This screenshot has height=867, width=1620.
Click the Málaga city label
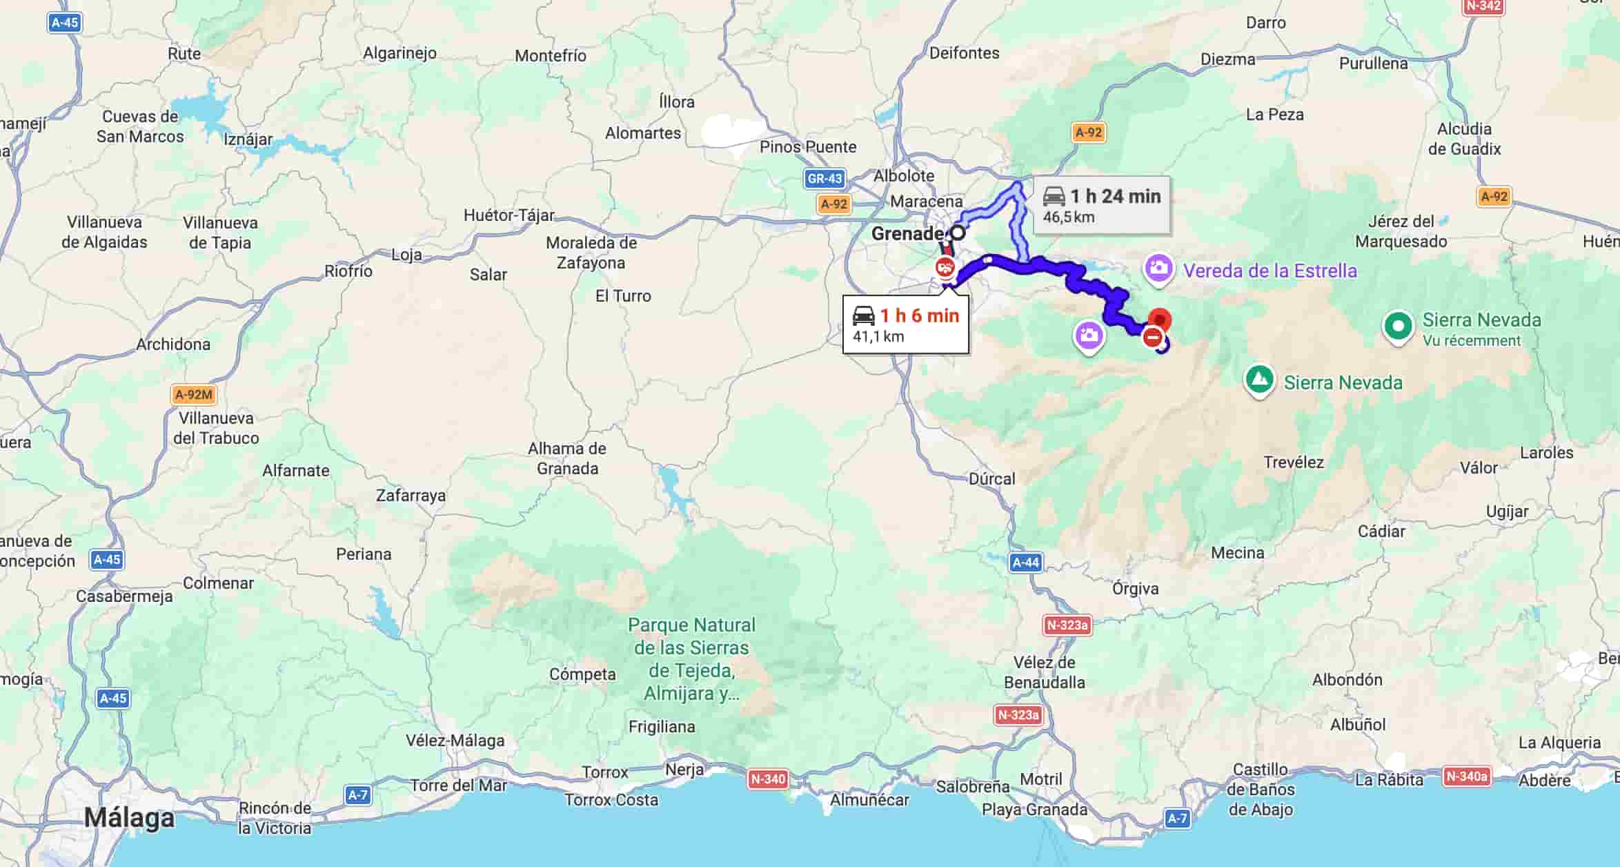(x=129, y=818)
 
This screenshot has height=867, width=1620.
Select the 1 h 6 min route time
(x=919, y=316)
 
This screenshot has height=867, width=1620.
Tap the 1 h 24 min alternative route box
(x=1102, y=205)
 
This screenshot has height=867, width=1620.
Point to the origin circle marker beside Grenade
(x=958, y=233)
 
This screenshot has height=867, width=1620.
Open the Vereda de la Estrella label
(x=1270, y=271)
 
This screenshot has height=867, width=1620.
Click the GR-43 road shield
(x=824, y=179)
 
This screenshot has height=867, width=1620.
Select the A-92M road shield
(x=193, y=395)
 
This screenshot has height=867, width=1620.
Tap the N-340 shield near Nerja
(x=767, y=779)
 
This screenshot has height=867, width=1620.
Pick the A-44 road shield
(x=1025, y=563)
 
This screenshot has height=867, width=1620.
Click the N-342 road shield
(x=1482, y=6)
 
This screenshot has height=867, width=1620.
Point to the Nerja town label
(x=684, y=769)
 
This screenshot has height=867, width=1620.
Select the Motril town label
(x=1040, y=779)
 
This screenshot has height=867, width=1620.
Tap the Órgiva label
(x=1135, y=589)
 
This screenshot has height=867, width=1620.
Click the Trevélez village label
(x=1293, y=462)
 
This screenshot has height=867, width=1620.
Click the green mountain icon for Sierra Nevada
(x=1259, y=380)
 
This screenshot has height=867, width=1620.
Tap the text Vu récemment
(x=1471, y=340)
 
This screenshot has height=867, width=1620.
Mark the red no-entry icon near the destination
(x=1152, y=338)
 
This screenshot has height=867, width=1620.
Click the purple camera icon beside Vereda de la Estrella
(x=1158, y=268)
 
